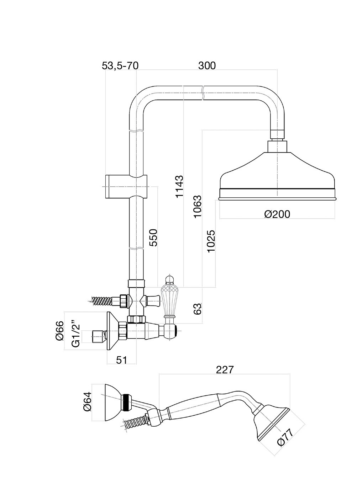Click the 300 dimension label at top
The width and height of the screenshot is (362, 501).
pos(207,65)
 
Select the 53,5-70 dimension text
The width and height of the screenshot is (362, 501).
pos(120,65)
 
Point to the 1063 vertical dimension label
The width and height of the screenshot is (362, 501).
pos(198,206)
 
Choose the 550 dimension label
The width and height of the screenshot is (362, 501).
pos(153,238)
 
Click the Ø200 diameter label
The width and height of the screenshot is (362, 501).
pos(277,214)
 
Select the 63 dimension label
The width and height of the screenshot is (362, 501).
pos(198,308)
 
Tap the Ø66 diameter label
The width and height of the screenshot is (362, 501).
pos(59,331)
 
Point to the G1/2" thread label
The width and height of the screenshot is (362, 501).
pos(76,336)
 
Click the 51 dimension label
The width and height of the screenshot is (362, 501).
pos(121,360)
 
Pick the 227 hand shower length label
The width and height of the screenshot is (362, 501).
pos(225,370)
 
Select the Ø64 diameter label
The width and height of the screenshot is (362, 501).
pos(87,402)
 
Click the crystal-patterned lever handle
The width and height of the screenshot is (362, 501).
pos(169,297)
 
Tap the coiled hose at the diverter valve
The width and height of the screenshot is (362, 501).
pos(103,300)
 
